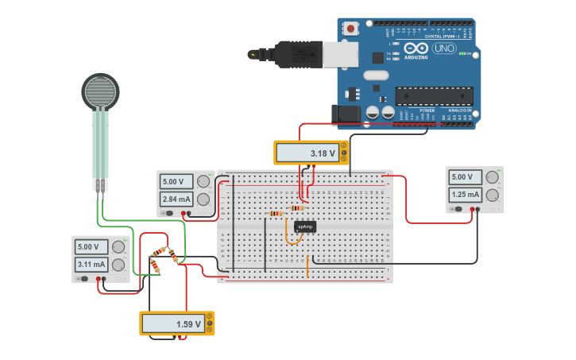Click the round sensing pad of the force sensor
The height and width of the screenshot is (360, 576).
pos(101,91)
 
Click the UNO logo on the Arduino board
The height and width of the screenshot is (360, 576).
pos(443,48)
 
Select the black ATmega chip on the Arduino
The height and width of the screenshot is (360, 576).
pos(434,96)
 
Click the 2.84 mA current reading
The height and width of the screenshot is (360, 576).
pos(176,199)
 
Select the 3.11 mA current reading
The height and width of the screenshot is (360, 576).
pos(91,264)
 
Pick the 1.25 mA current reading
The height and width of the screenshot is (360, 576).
pos(466,194)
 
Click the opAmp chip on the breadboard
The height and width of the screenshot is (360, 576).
pos(305,226)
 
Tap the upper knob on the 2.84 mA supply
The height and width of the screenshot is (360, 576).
pos(204,181)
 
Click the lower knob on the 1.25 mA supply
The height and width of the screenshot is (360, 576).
pos(493,195)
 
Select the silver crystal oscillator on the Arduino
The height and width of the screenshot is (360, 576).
pos(376,75)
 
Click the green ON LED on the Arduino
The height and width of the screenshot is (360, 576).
pos(461,54)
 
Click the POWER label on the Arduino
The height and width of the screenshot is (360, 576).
pos(427,110)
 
